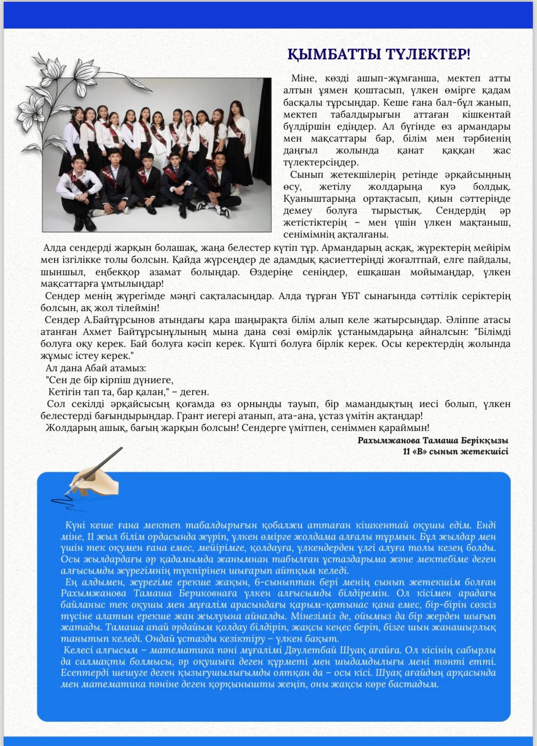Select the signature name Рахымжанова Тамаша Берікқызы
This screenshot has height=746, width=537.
[433, 440]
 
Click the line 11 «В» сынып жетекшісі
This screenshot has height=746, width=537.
[455, 451]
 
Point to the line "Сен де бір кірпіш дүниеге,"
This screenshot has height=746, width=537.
[110, 380]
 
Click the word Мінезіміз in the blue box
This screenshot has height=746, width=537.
[310, 616]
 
